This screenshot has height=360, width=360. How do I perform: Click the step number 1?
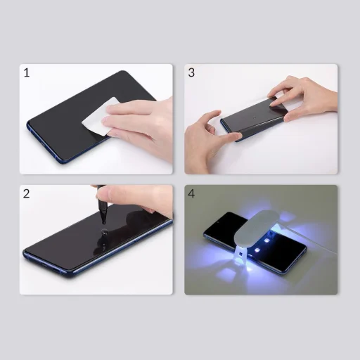(x=27, y=72)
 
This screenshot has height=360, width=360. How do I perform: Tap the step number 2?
(x=27, y=193)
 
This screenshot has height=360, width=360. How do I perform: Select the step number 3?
(x=191, y=72)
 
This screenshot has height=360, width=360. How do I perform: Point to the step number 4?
(x=192, y=193)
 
